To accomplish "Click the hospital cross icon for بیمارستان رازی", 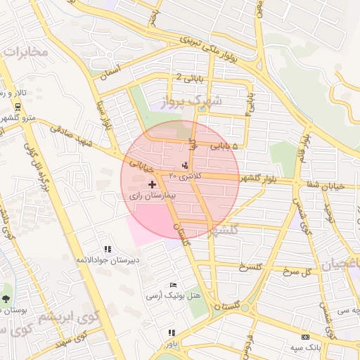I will click(153, 184).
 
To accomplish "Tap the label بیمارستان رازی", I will click(153, 195).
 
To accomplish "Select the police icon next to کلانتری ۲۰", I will click(185, 166).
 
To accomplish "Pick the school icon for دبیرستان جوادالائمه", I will click(108, 249).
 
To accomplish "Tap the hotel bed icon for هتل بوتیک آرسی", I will click(174, 284).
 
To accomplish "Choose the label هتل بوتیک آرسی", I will click(173, 295).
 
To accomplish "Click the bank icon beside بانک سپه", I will click(304, 337).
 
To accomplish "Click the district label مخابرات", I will click(26, 51).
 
